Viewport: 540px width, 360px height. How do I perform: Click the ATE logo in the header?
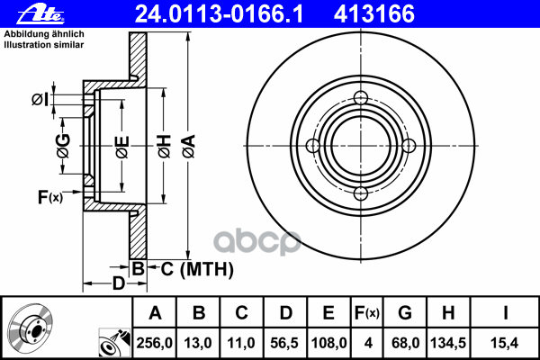tap(40, 14)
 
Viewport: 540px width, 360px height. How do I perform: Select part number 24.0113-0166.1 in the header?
tap(219, 14)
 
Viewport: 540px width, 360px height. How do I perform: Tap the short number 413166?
tap(374, 14)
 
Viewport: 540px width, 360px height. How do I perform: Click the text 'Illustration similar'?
tap(44, 45)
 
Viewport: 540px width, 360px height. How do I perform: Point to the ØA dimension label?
tap(189, 147)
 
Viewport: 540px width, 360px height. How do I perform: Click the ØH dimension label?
tap(165, 147)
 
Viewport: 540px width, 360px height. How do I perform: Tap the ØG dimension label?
tap(63, 146)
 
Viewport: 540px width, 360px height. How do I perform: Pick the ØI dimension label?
tap(40, 100)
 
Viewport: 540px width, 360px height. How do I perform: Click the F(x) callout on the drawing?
tap(50, 197)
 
